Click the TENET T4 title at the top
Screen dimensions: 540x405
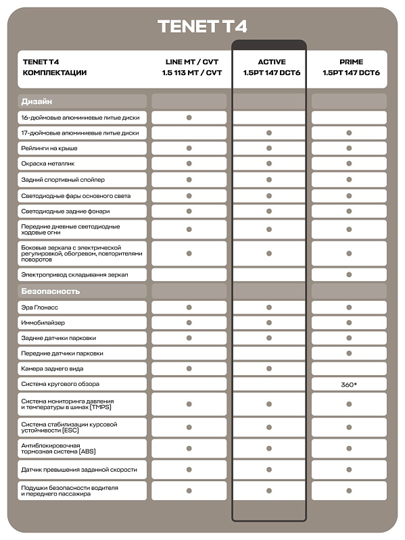coord(202,26)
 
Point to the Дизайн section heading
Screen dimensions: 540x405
coord(37,101)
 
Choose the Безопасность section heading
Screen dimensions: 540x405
coord(51,291)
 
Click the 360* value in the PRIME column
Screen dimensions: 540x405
coord(349,384)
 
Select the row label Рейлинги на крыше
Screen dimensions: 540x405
coord(49,148)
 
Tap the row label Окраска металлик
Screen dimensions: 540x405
coord(49,164)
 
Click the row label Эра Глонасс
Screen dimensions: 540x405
coord(41,307)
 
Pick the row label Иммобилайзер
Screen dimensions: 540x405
coord(43,322)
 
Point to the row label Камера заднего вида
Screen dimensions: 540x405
coord(55,368)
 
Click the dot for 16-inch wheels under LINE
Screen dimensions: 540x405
coord(189,118)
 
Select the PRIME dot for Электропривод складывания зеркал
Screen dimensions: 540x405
coord(349,275)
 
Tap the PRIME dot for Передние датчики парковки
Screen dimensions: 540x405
coord(349,353)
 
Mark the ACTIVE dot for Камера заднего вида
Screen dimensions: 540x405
coord(269,368)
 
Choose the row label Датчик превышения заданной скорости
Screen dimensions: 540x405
coord(79,469)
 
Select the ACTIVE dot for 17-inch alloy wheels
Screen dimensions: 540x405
coord(269,133)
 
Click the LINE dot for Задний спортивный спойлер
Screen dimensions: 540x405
coord(189,180)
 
